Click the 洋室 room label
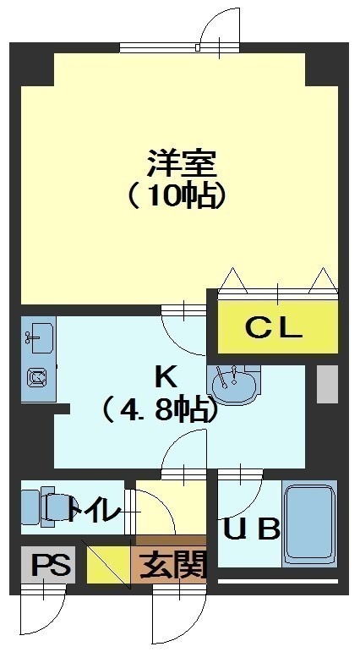pyautogui.click(x=181, y=165)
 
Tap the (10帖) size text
pyautogui.click(x=177, y=195)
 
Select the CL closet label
pyautogui.click(x=274, y=327)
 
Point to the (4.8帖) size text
pyautogui.click(x=161, y=409)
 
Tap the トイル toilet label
pyautogui.click(x=94, y=509)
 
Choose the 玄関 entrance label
pyautogui.click(x=173, y=565)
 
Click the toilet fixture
pyautogui.click(x=44, y=506)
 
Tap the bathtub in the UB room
pyautogui.click(x=309, y=523)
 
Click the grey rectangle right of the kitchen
pyautogui.click(x=327, y=384)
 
